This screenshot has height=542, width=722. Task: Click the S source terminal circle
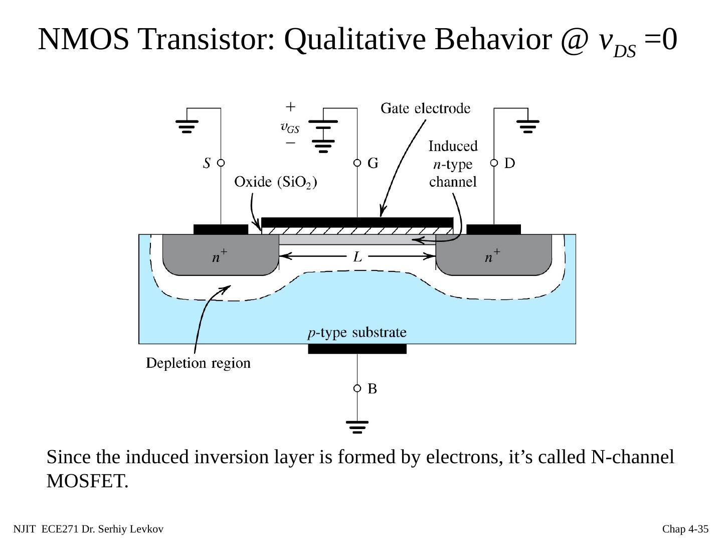[221, 163]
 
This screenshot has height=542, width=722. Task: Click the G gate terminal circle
[357, 163]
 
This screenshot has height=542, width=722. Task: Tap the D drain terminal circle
[494, 163]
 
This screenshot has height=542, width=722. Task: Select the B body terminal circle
[357, 388]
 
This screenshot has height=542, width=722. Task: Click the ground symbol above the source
[187, 125]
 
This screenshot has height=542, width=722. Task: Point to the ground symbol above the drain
[527, 125]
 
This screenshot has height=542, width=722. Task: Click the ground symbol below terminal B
[357, 427]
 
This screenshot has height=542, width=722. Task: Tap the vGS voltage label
[290, 128]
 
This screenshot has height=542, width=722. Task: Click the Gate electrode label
[426, 108]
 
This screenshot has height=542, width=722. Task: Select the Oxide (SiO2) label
[275, 182]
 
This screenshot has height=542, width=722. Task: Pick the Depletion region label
[198, 363]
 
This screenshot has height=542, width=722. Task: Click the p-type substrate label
[357, 333]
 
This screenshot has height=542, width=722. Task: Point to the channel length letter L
[357, 257]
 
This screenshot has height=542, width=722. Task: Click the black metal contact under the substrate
[357, 349]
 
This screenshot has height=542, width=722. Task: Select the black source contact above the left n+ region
[221, 229]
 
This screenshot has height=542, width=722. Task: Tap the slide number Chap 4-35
[685, 529]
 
